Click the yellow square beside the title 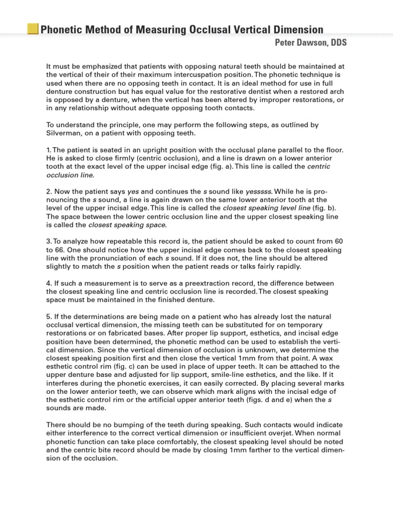pyautogui.click(x=33, y=29)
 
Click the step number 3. pyautogui.click(x=48, y=241)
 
